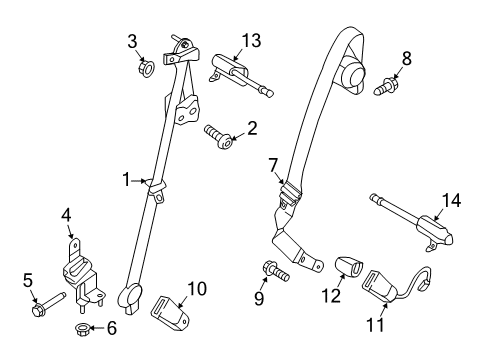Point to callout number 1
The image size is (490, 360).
tap(127, 180)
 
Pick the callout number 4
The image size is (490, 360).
tap(67, 213)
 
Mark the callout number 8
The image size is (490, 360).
tap(405, 59)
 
